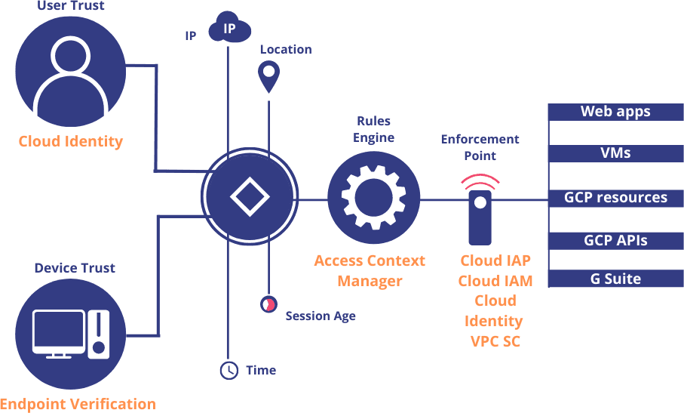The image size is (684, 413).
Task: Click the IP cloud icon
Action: pos(229,29)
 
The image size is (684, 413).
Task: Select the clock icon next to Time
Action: pos(229,370)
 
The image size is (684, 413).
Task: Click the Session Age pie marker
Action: pos(268,304)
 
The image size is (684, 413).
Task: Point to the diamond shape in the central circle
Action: pos(250,196)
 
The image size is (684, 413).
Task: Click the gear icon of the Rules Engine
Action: pos(373,197)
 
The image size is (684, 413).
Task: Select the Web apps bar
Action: pos(615,112)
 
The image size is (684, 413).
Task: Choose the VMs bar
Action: pos(615,153)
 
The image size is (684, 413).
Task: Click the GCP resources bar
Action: pos(615,198)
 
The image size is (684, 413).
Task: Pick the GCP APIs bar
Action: pos(615,241)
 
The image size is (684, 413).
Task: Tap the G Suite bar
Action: pos(615,279)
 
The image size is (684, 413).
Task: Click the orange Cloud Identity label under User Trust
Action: pos(71,141)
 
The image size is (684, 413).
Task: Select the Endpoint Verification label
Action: pos(78,404)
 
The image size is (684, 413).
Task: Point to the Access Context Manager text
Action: pos(370,271)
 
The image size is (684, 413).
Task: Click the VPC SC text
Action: pos(495,341)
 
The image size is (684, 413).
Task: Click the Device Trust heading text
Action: pos(75,268)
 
